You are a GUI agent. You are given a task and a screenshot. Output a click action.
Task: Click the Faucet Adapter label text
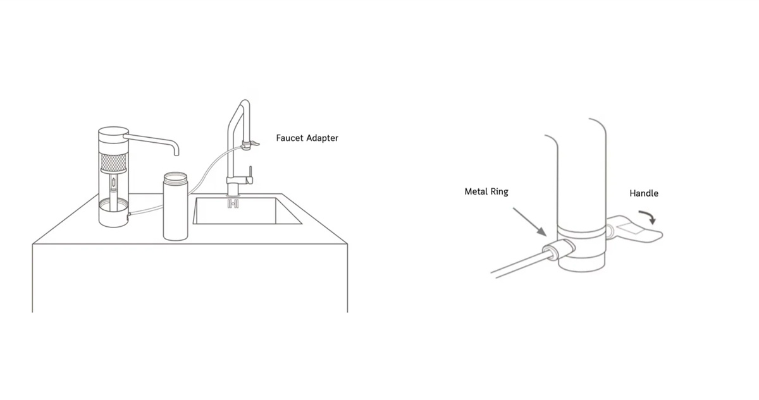(x=307, y=138)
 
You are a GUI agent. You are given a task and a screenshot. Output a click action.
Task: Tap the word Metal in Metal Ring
(x=476, y=191)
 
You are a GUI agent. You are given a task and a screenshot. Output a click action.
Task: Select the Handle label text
(x=643, y=193)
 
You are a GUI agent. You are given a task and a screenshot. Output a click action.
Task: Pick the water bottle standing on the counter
(x=176, y=209)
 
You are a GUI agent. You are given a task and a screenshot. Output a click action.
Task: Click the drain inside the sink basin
(x=233, y=203)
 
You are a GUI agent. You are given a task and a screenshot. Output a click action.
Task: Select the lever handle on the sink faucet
(x=250, y=173)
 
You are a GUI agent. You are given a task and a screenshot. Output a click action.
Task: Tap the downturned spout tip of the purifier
(x=176, y=151)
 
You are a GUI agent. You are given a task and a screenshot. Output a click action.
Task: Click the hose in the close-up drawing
(x=515, y=266)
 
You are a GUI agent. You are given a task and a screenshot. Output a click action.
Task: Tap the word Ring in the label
(x=498, y=191)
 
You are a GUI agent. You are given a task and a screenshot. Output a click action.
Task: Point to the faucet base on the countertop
(x=232, y=188)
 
